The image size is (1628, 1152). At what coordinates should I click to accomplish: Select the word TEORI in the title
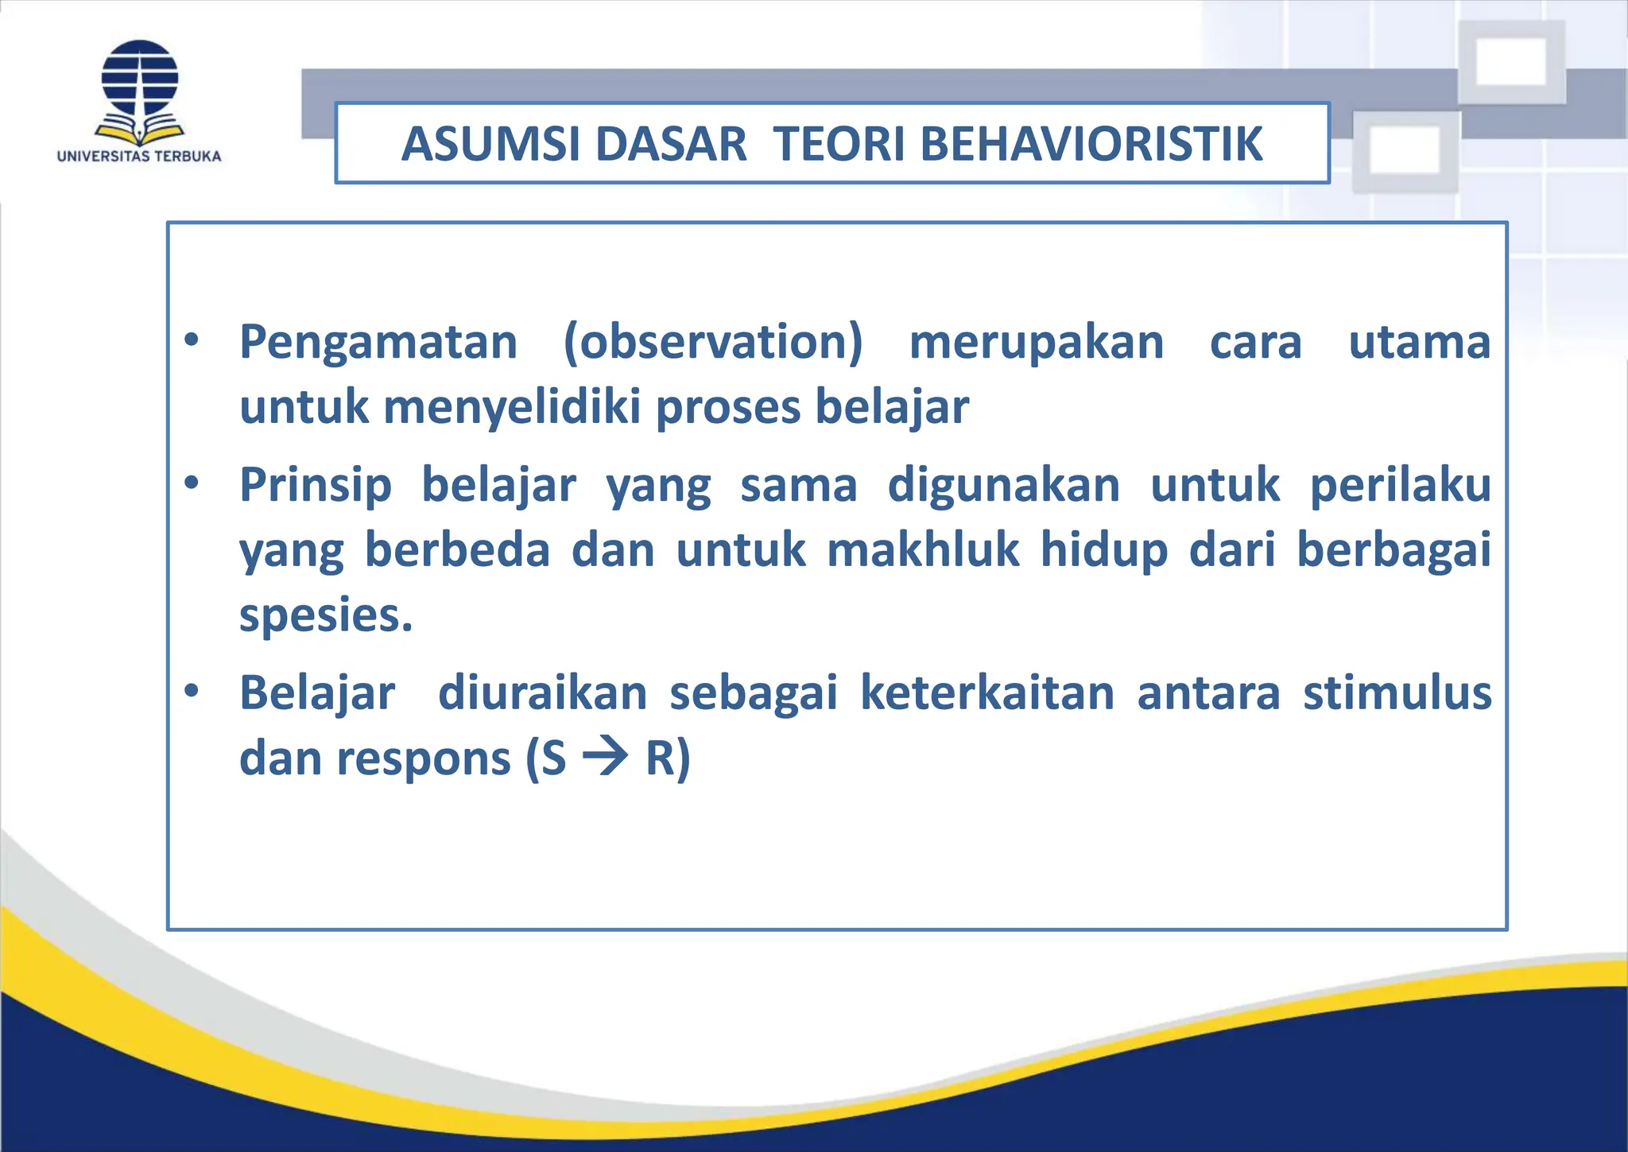point(839,144)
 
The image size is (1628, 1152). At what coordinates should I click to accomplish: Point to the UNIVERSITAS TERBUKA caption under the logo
point(139,156)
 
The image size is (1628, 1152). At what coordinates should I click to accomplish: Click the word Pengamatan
point(378,343)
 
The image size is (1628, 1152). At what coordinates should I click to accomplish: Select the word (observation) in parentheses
point(712,343)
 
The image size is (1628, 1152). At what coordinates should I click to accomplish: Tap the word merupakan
point(1036,343)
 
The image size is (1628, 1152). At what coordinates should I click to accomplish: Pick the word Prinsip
point(316,486)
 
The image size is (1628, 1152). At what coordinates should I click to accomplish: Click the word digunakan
point(1003,486)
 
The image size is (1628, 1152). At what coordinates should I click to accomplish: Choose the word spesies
point(325,615)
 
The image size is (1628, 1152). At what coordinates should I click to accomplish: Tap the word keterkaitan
point(987,693)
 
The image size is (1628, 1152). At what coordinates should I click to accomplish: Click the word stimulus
point(1397,693)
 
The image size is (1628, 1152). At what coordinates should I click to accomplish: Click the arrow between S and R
point(606,757)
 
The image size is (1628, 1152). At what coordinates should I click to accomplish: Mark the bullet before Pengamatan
point(191,340)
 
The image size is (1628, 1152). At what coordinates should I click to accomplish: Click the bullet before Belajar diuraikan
point(191,690)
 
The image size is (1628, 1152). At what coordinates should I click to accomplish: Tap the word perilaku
point(1400,486)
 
